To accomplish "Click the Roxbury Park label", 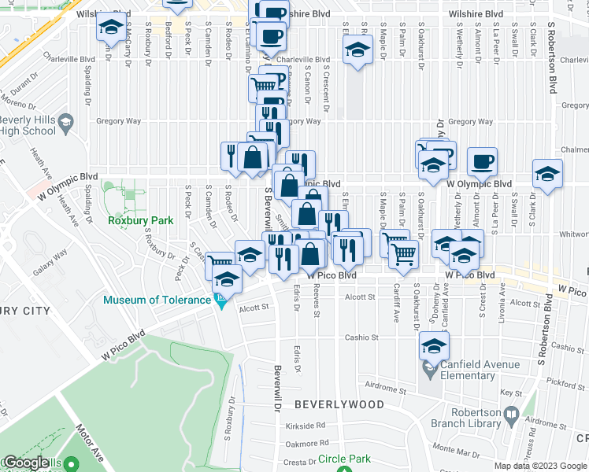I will coord(139,221).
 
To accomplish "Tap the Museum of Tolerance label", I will coord(157,300).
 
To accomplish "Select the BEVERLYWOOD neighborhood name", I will coord(339,404).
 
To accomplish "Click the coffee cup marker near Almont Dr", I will coord(482,163).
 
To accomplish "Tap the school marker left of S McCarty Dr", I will coord(110,27).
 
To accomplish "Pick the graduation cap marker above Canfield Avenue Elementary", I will coord(433,345).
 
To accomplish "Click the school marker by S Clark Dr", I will coord(547,174).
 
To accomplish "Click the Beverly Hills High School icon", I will coord(67,124).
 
